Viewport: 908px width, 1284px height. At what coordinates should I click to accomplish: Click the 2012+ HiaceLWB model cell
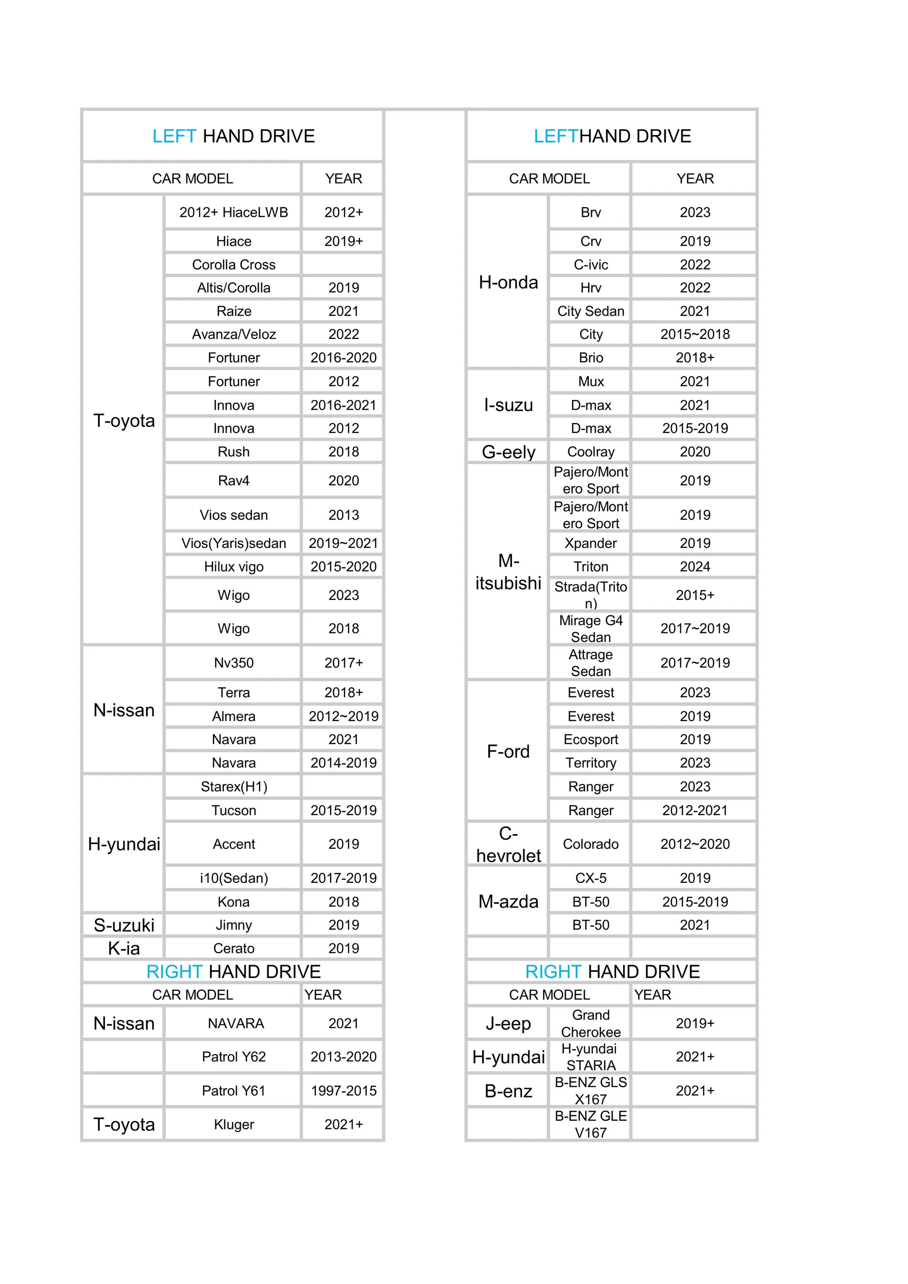[233, 212]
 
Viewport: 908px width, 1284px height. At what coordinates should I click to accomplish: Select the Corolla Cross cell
[233, 264]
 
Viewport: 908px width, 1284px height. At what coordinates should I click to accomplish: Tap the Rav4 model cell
[233, 480]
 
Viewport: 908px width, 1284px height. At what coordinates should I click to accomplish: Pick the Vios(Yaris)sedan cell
[233, 543]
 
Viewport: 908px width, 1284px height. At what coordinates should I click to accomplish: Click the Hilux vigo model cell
[233, 566]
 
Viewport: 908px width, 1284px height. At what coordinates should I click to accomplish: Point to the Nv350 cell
[233, 663]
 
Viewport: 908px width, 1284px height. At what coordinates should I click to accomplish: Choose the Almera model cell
[233, 716]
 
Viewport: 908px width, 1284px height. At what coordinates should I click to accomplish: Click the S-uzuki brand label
[123, 925]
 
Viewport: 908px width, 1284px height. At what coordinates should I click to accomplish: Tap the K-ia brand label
[123, 949]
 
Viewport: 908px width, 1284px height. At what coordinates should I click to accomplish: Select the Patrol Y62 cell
[233, 1056]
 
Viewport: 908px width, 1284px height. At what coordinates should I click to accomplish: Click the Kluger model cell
[233, 1124]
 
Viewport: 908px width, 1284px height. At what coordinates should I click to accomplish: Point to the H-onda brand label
[508, 282]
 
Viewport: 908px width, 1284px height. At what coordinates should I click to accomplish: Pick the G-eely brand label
[508, 452]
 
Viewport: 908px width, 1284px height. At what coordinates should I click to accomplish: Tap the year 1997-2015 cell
[344, 1091]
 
